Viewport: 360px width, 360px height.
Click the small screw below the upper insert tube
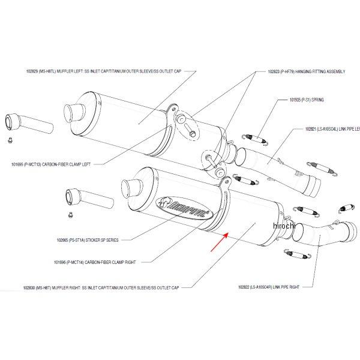(x=11, y=141)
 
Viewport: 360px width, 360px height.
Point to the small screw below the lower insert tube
(x=70, y=215)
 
